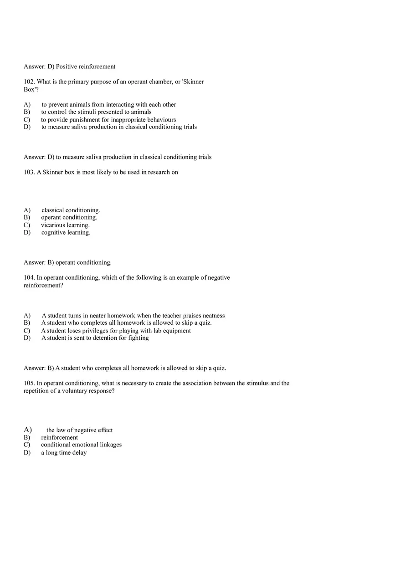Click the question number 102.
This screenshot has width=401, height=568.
29,82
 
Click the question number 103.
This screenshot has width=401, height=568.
29,172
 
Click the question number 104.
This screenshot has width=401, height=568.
29,277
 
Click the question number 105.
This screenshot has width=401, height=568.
29,383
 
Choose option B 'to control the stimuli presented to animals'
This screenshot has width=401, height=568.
96,112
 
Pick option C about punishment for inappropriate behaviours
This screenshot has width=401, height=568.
108,120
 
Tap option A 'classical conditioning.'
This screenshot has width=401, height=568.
71,210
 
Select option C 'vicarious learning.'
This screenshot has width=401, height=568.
65,225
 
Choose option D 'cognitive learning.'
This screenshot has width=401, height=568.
66,233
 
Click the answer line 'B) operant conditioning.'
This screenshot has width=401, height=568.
67,262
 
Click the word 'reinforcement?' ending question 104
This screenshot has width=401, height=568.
43,285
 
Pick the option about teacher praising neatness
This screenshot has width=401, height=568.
133,316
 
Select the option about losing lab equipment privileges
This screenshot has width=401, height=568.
116,331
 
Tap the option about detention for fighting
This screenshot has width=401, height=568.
95,338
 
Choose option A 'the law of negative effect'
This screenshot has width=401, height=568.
79,430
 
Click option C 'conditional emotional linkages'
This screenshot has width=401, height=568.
81,445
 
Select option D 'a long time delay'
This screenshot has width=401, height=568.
64,453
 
